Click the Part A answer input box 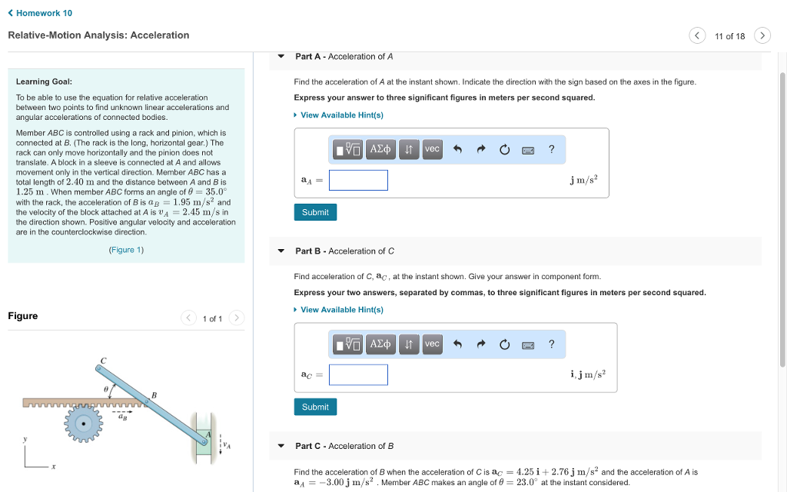click(358, 181)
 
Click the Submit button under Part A click(315, 212)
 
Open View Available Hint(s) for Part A click(341, 115)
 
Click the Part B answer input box click(358, 375)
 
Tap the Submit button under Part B click(315, 407)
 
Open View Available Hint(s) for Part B click(341, 310)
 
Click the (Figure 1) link click(126, 250)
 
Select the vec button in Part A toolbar click(433, 149)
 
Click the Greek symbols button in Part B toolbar click(380, 344)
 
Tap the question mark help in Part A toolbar click(551, 149)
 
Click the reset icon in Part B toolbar click(504, 344)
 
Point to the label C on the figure click(103, 360)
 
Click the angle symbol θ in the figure click(108, 390)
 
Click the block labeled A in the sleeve click(205, 436)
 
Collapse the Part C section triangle click(281, 446)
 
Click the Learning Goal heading click(44, 81)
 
